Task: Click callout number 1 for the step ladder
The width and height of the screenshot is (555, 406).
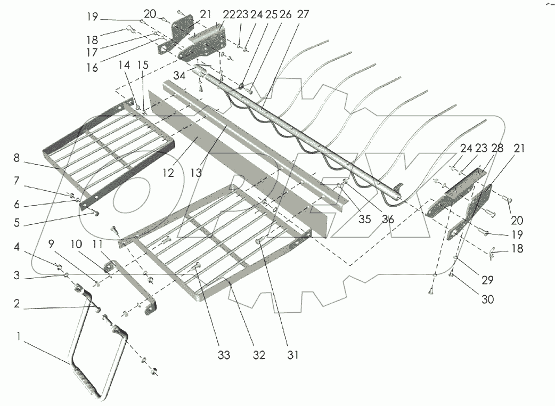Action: [20, 337]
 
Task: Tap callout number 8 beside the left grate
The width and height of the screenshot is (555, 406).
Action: [17, 158]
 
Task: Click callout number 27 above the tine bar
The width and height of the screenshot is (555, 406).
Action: [303, 15]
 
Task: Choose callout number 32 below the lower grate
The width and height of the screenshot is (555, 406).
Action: [259, 355]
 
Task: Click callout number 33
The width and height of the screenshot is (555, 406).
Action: [224, 355]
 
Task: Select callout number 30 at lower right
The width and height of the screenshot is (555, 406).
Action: [487, 299]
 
